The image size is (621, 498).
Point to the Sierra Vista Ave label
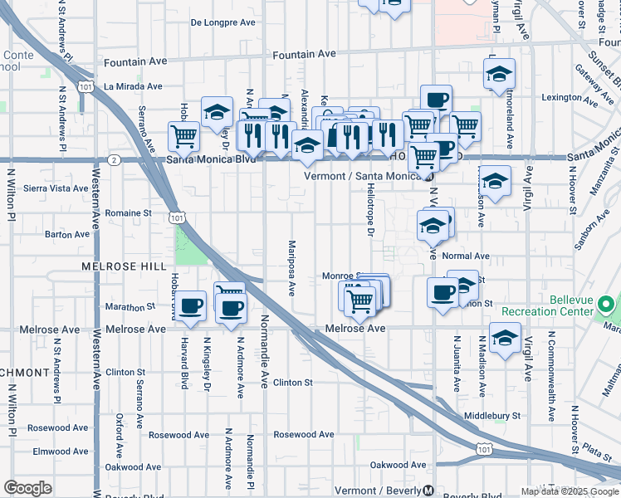(x=56, y=188)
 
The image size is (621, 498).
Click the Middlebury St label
(x=492, y=415)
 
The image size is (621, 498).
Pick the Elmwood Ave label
(x=61, y=452)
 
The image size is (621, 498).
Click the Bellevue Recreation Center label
(x=583, y=305)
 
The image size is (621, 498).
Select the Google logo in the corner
(x=27, y=488)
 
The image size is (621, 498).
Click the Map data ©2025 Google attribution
(x=570, y=491)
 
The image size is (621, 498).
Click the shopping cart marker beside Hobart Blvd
(x=183, y=135)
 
